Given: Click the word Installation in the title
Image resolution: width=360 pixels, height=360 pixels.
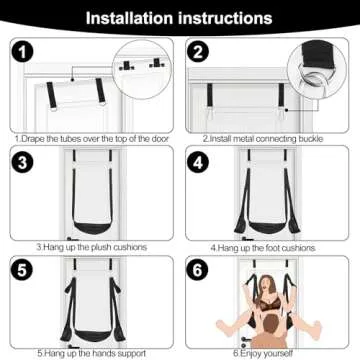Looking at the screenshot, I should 131,18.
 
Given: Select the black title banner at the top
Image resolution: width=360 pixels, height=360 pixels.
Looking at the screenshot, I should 180,18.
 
